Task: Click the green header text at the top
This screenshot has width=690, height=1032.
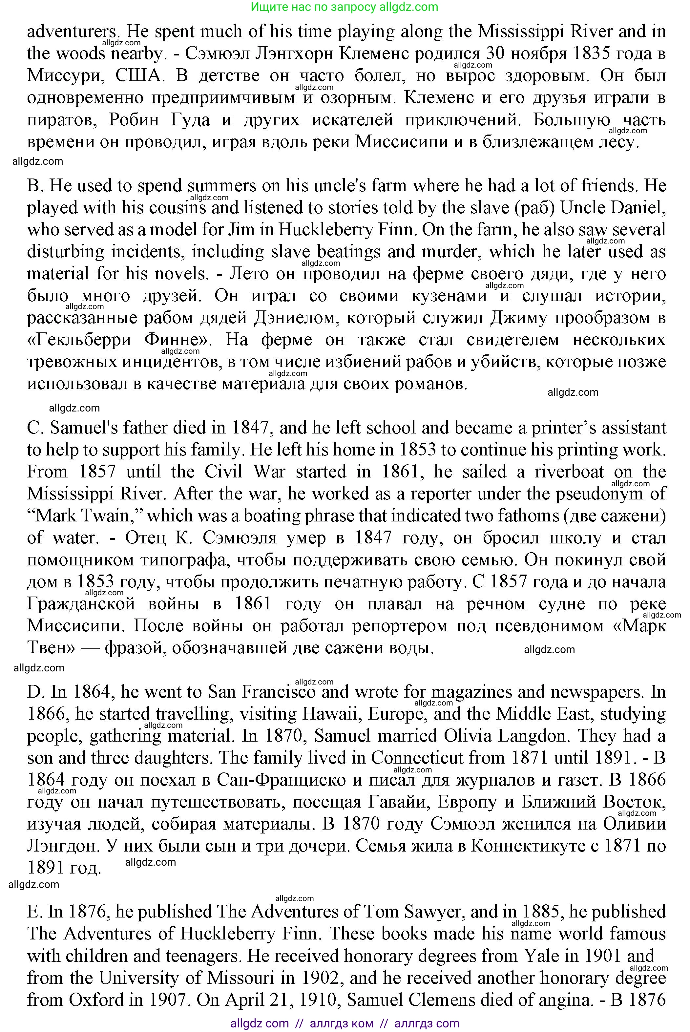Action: [345, 7]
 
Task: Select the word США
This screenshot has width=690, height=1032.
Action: [138, 76]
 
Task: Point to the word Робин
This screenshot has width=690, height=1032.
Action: [134, 120]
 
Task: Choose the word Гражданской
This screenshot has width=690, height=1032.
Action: [81, 604]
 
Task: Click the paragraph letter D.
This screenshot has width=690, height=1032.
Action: [34, 692]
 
